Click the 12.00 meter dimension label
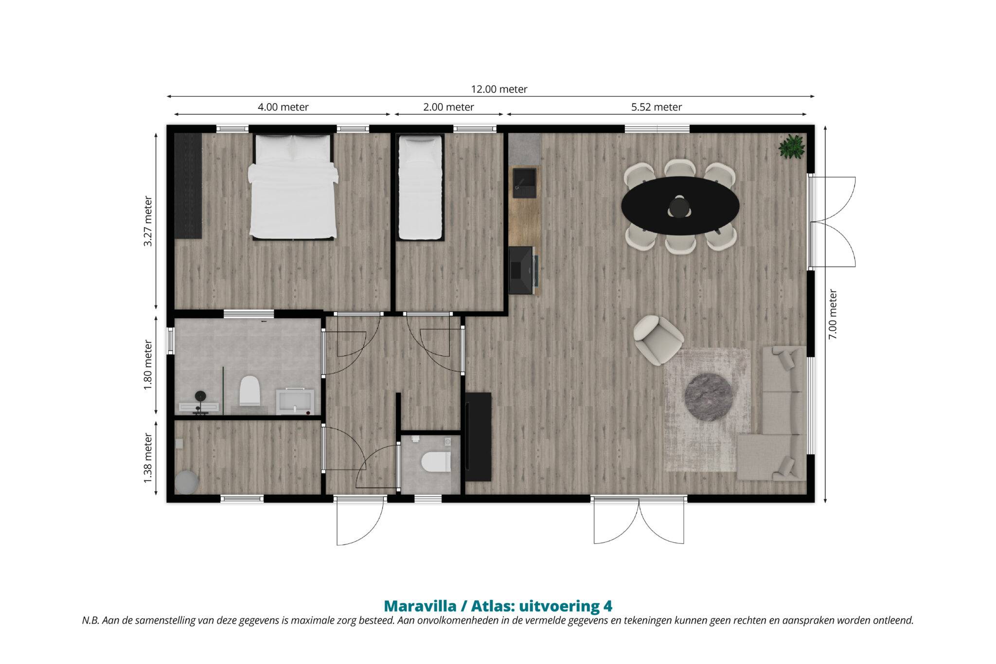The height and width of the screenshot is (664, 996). (x=499, y=89)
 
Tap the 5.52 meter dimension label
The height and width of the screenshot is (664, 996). (x=657, y=107)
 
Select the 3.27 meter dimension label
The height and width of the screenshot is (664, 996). (x=148, y=221)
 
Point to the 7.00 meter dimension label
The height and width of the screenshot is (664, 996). (x=833, y=314)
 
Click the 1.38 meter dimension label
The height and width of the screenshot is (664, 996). (x=148, y=459)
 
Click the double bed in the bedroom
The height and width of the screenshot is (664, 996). (x=293, y=187)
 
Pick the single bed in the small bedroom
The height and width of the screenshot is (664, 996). (x=420, y=188)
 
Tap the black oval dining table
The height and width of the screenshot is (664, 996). (x=680, y=205)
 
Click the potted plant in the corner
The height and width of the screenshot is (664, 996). (x=791, y=146)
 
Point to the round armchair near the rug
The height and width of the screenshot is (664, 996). (x=658, y=340)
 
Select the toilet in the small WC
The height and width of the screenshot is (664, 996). (x=436, y=462)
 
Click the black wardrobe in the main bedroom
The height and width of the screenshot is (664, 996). (x=188, y=186)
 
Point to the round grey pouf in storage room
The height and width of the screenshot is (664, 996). (x=186, y=482)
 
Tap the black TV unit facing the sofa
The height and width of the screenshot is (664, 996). (x=478, y=437)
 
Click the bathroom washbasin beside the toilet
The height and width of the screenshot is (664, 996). (x=295, y=401)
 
